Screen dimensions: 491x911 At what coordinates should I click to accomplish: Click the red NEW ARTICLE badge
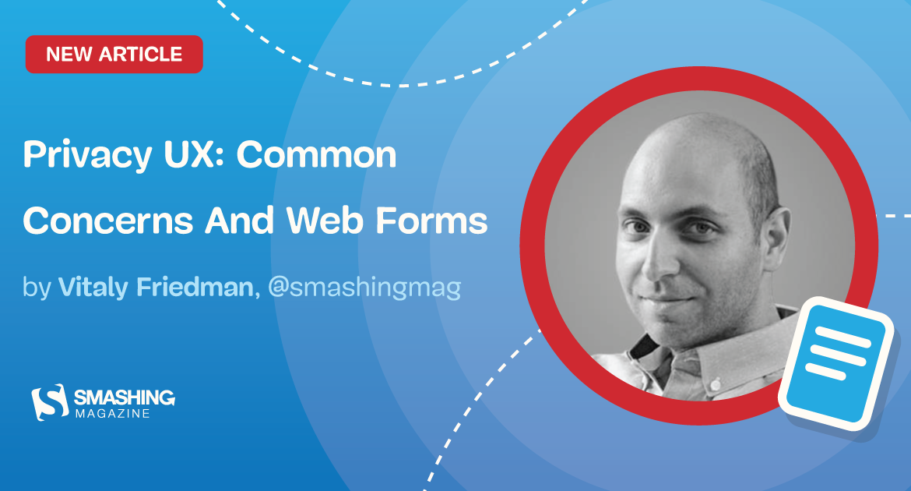[114, 55]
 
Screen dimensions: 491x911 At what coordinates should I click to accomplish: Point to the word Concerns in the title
[107, 222]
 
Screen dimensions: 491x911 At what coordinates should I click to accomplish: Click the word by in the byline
[37, 288]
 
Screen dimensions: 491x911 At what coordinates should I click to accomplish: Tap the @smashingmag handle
[364, 288]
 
